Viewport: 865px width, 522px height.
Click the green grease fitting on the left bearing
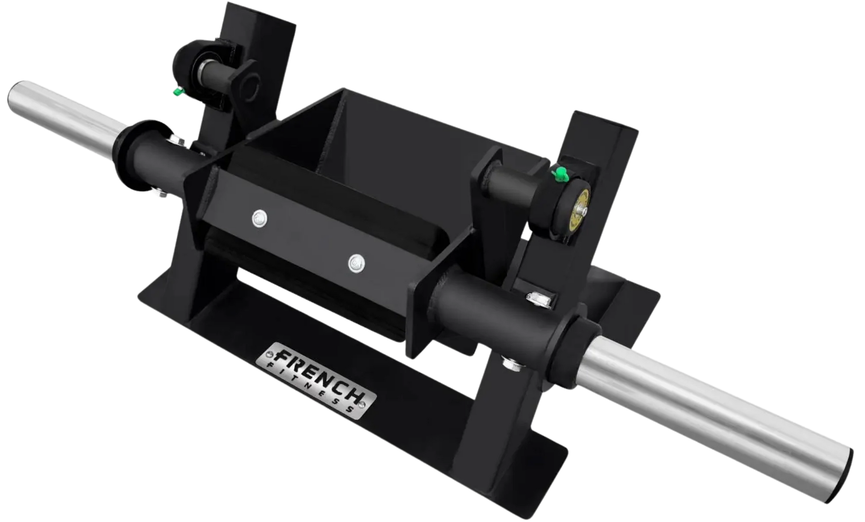pyautogui.click(x=177, y=92)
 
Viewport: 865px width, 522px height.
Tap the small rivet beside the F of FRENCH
pyautogui.click(x=269, y=355)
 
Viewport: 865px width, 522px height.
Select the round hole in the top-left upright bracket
pyautogui.click(x=251, y=88)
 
